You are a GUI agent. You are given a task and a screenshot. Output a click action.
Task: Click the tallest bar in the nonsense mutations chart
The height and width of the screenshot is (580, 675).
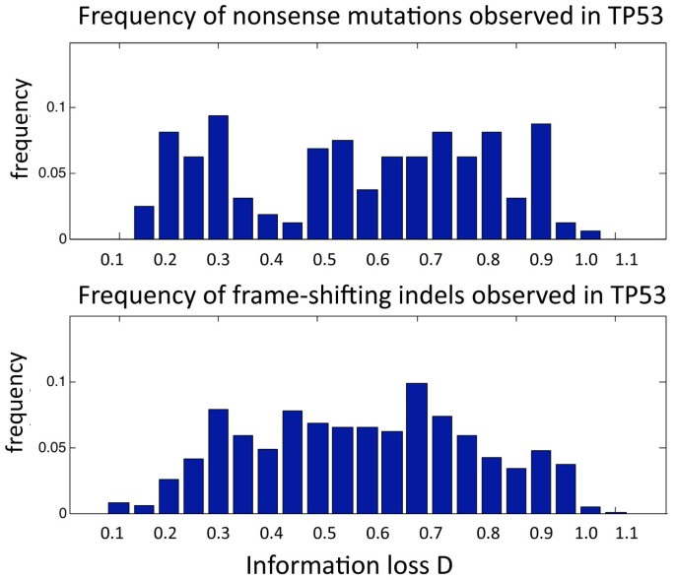pos(218,178)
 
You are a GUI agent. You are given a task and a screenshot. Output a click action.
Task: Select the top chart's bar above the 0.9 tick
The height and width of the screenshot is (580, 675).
pos(540,182)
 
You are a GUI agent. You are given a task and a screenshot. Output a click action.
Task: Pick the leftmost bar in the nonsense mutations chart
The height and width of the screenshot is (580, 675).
pos(144,223)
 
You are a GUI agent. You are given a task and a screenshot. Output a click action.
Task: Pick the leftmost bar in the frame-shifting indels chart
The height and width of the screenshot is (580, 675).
pos(118,508)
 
